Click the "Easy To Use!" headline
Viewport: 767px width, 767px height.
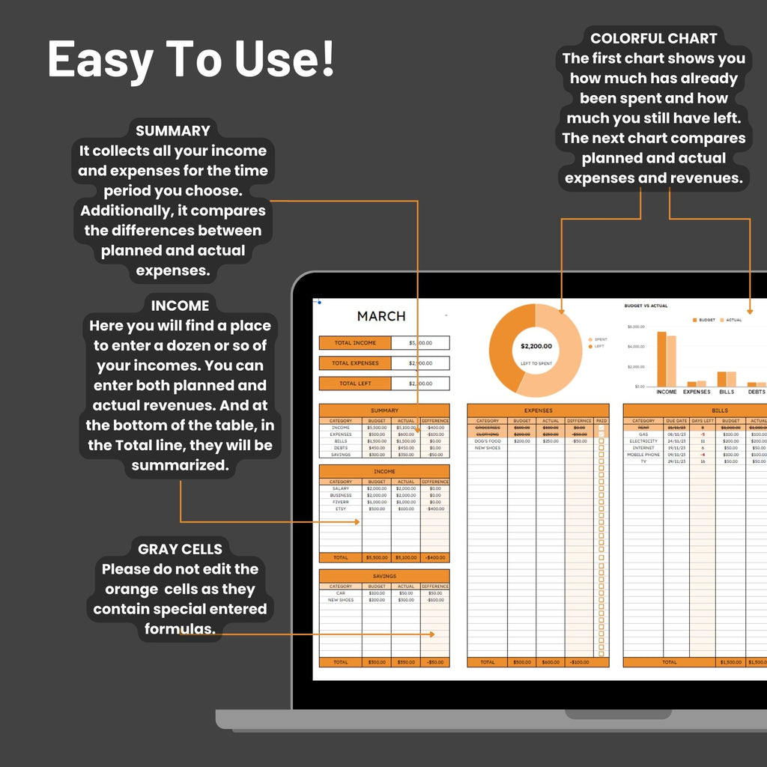point(191,60)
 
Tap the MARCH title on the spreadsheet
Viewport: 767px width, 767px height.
point(381,316)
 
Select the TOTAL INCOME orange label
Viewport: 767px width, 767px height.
point(355,343)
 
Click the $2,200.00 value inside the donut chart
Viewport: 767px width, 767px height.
point(536,346)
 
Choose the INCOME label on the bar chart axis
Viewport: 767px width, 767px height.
point(666,392)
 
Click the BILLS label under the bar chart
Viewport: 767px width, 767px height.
point(727,392)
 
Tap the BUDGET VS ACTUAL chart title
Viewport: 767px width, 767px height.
point(646,306)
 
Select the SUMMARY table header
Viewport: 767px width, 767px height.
point(384,410)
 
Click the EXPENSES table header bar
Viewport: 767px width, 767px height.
point(538,410)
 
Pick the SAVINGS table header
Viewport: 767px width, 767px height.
point(384,576)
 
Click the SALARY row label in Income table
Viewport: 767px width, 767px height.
point(341,488)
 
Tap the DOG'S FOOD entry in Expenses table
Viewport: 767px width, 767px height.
point(488,441)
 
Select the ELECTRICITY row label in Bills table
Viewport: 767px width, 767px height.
point(643,441)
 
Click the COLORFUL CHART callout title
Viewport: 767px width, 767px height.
point(653,38)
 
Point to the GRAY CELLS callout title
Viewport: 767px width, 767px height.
point(180,549)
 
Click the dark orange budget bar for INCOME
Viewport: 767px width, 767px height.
point(661,358)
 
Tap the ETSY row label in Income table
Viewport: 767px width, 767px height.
point(341,509)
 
